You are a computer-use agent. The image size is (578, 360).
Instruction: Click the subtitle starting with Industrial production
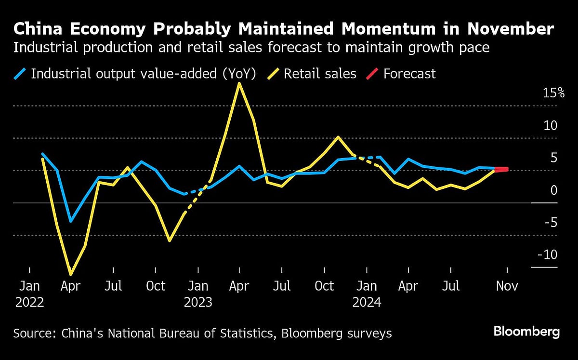(251, 49)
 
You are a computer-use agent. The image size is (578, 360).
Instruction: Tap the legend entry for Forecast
(409, 74)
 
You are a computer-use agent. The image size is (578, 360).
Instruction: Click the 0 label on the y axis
(553, 190)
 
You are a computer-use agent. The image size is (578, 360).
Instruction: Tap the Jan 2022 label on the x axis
(29, 293)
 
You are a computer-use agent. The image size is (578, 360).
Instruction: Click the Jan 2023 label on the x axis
(197, 293)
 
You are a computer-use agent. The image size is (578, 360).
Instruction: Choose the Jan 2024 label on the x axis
(367, 293)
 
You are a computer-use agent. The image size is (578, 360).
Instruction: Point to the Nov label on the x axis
(507, 286)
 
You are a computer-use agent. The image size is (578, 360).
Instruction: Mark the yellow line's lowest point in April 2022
(71, 274)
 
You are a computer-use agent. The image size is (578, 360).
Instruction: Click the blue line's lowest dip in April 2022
(71, 221)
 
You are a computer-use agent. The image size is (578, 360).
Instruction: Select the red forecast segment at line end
(501, 169)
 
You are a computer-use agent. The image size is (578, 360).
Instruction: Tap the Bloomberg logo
(526, 332)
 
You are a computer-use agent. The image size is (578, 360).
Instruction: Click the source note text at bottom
(202, 333)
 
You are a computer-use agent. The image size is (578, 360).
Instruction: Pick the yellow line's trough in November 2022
(170, 240)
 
